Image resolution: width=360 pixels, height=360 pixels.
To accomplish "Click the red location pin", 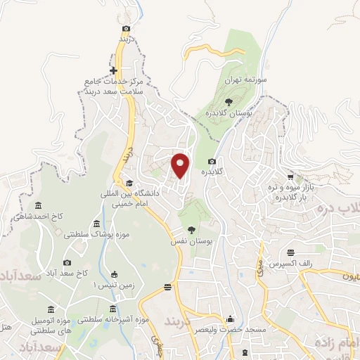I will [181, 165].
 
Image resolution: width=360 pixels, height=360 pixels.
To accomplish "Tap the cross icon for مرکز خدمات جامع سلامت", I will [113, 71].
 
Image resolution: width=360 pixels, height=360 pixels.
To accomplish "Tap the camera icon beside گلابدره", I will [212, 161].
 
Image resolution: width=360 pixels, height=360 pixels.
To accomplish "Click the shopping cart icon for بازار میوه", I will [290, 177].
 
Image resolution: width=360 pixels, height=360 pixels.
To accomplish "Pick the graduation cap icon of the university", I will [129, 183].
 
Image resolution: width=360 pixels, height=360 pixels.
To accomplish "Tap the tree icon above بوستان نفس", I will [191, 229].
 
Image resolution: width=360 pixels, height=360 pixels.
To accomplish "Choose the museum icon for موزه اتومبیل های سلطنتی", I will [50, 311].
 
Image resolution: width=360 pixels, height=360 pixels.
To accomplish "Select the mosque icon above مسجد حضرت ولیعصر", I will [229, 319].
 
